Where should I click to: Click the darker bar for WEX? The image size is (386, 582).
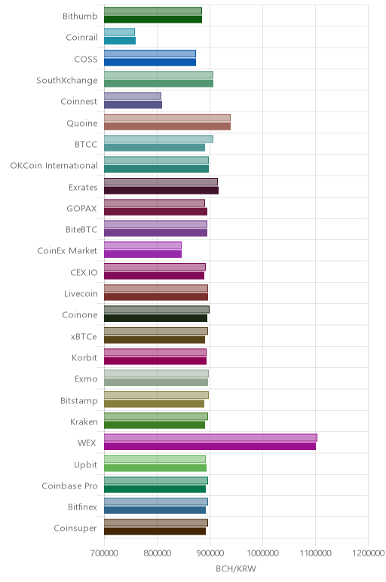point(210,446)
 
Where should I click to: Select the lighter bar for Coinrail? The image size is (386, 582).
point(119,32)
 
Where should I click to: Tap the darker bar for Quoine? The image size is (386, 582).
point(167,126)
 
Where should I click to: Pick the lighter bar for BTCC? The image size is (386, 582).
point(158,139)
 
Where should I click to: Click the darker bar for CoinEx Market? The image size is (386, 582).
point(142,254)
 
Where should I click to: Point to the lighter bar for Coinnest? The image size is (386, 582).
point(133,96)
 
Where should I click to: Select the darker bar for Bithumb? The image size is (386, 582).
point(153,20)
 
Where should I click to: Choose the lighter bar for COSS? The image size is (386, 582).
point(149,54)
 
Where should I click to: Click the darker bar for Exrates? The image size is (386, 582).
point(161,191)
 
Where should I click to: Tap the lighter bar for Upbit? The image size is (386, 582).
point(155,459)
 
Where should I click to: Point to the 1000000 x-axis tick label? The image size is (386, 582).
point(263,553)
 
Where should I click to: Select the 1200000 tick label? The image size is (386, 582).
point(369,553)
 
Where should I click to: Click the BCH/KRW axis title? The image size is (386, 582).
point(236,568)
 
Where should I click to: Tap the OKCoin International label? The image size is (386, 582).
point(54,166)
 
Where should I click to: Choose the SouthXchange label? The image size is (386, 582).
point(67,81)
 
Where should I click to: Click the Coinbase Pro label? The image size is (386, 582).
point(69,486)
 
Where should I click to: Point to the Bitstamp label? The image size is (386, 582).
point(79,401)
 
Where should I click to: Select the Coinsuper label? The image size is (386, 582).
point(75,528)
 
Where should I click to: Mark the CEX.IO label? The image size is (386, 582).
point(84,272)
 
